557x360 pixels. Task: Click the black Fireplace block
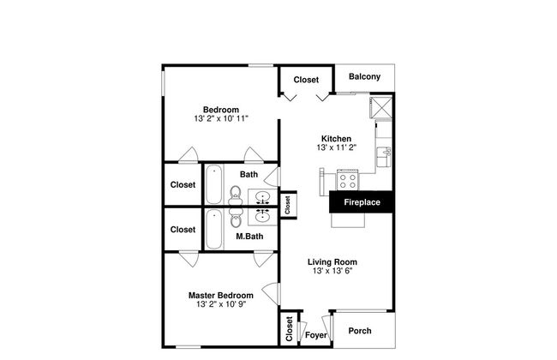(362, 201)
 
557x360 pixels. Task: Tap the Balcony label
(364, 76)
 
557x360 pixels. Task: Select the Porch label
(360, 331)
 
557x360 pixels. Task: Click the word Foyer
(316, 335)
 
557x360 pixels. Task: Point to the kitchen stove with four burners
(348, 180)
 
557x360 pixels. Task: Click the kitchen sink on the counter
(384, 157)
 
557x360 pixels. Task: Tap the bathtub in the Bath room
(214, 184)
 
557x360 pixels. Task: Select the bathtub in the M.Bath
(214, 229)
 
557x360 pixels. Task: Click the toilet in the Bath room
(235, 195)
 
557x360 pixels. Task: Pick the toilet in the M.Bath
(235, 218)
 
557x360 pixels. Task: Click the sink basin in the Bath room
(262, 196)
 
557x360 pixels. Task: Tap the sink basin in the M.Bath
(262, 217)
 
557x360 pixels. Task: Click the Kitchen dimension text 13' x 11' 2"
(337, 147)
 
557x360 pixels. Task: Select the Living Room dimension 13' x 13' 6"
(332, 271)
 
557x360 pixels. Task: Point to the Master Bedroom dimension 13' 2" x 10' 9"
(221, 304)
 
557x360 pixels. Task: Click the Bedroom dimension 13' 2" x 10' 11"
(221, 118)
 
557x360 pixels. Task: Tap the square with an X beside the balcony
(380, 107)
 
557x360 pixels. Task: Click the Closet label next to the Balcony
(306, 80)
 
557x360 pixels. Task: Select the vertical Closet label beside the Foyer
(289, 329)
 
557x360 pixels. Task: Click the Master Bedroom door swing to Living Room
(271, 293)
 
